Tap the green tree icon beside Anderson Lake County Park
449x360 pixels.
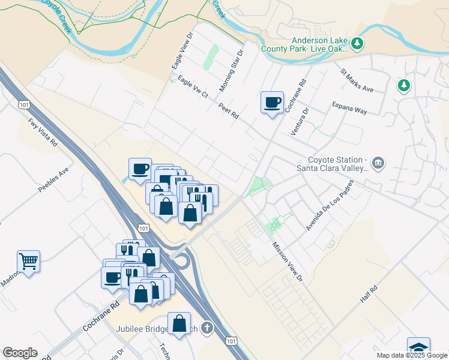(x=357, y=43)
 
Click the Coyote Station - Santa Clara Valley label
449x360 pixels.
(x=337, y=164)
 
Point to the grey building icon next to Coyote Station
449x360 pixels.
(x=378, y=162)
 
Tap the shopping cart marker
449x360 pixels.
(x=28, y=261)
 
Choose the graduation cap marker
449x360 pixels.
(x=418, y=347)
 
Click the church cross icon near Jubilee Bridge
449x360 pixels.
(x=207, y=328)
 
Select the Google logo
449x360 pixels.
(x=20, y=353)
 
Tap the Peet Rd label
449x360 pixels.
(x=229, y=110)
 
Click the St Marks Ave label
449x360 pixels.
(x=357, y=80)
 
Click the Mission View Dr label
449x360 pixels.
(x=287, y=261)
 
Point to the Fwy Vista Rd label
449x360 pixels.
(x=42, y=133)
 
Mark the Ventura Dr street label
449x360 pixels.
(x=299, y=122)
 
